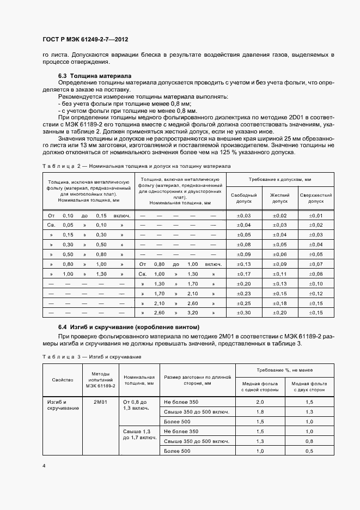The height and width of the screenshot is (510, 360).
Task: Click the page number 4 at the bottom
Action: pos(44,465)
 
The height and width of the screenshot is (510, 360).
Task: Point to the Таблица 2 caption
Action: pos(136,166)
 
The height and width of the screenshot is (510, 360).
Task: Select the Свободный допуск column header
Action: pos(244,198)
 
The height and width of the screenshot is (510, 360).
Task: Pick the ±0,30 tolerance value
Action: pos(244,313)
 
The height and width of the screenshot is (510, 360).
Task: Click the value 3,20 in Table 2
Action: pos(193,313)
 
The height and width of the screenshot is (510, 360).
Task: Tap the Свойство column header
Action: pos(59,379)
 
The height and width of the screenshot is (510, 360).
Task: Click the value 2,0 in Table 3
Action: pos(260,402)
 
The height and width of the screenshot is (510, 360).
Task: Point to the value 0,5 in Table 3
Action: pos(309,451)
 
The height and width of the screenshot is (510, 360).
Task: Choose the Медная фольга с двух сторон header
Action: pos(309,386)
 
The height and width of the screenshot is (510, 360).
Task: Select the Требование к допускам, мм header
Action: pos(280,179)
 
